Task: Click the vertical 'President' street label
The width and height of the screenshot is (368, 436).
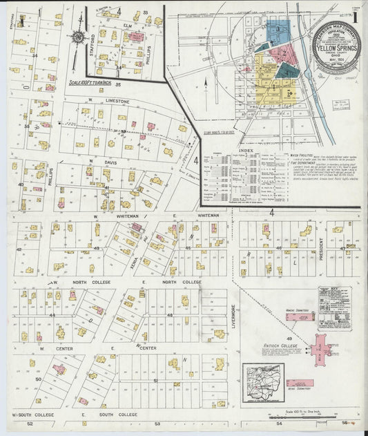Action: pos(322,249)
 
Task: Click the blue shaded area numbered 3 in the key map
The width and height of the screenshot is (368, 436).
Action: pos(278,29)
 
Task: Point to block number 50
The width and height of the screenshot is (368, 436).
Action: pos(39,379)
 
